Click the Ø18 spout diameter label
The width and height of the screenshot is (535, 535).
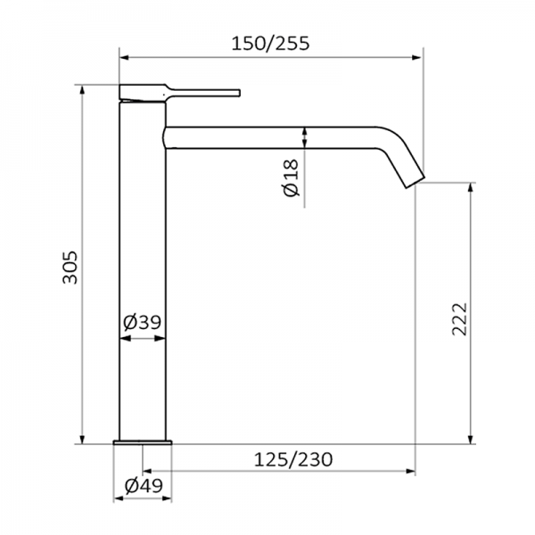pos(291,179)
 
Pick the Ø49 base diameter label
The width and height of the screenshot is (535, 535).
pos(143,486)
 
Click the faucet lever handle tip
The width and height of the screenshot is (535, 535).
pos(236,92)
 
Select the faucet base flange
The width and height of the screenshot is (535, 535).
pos(143,442)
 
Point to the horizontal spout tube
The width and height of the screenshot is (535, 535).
pos(267,136)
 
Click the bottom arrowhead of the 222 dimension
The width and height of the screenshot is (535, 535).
pos(470,439)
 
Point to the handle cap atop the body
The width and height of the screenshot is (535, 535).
pos(142,92)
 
